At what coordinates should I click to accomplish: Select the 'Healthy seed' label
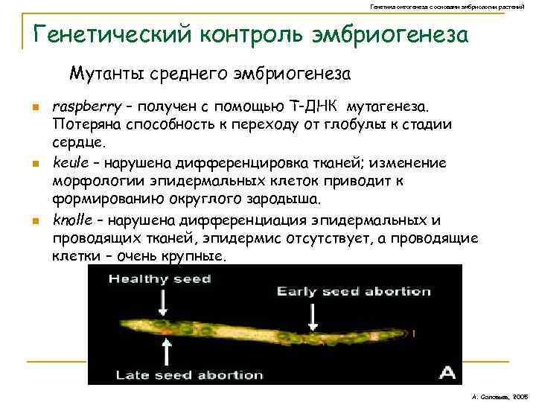159,279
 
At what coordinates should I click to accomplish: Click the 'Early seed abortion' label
354,291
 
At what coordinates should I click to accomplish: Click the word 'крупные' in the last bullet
197,257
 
